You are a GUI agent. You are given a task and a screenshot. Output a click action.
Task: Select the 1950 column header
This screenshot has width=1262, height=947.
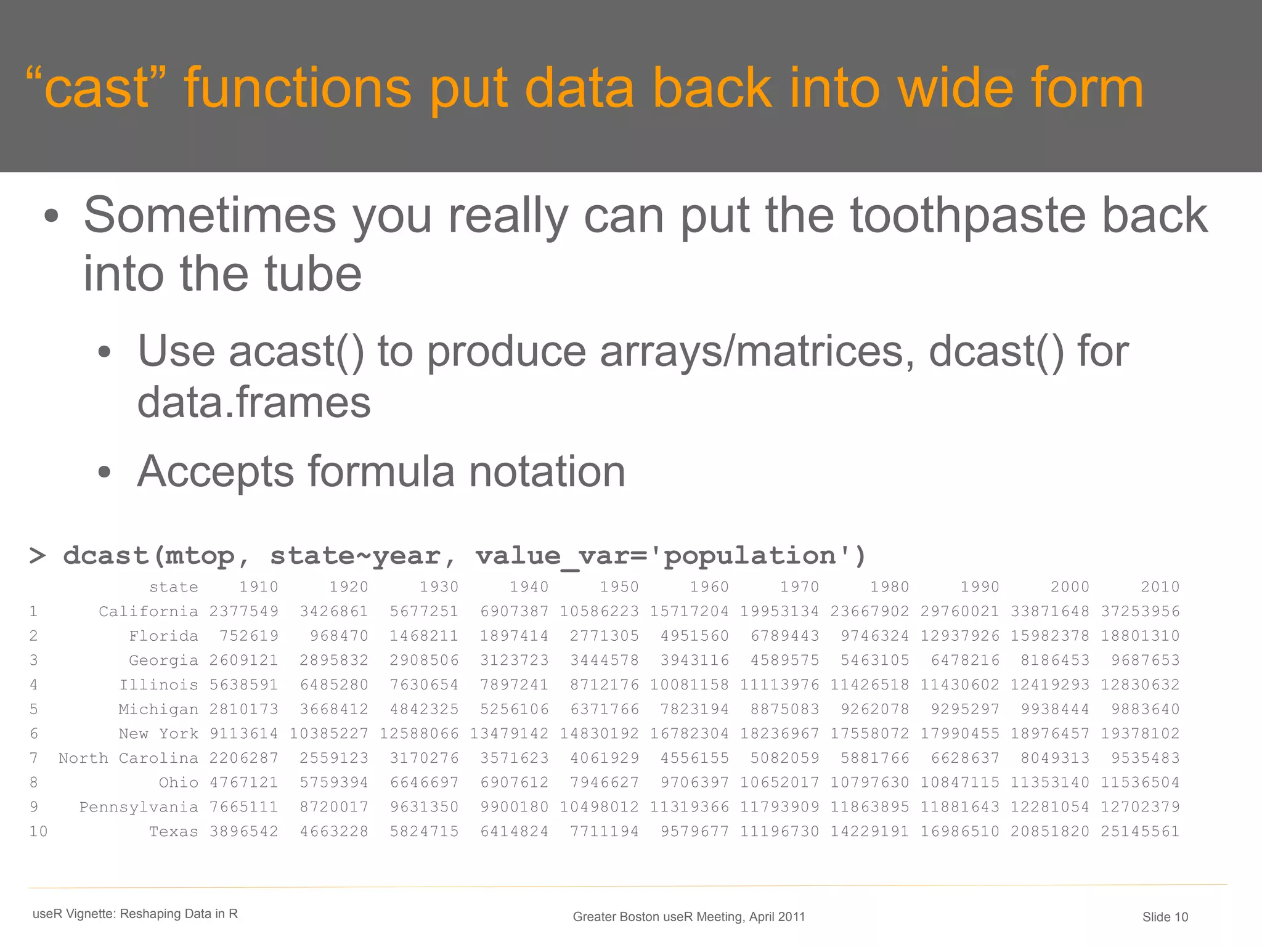[x=619, y=587]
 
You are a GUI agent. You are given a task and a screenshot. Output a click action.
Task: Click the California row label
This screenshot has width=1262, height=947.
[x=148, y=612]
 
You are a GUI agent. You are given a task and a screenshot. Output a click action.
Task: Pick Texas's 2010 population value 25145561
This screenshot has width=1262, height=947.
[x=1140, y=832]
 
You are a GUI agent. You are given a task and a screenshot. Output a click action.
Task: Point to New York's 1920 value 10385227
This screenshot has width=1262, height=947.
[x=329, y=734]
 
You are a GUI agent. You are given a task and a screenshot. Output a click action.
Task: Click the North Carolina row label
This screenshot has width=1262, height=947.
[x=128, y=758]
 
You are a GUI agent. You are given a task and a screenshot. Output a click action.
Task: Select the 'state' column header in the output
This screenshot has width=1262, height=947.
[x=174, y=587]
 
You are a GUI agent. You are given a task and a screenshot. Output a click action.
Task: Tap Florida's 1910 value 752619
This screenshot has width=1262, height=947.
[x=249, y=636]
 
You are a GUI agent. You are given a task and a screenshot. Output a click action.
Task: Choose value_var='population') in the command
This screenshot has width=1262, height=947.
[x=670, y=556]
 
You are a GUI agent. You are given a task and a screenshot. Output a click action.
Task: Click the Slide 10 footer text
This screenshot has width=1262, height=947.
[x=1165, y=917]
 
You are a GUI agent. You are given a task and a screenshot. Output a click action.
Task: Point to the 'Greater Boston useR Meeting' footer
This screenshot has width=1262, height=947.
[x=688, y=917]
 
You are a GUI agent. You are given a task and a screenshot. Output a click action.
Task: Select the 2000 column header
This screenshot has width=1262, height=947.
[x=1070, y=587]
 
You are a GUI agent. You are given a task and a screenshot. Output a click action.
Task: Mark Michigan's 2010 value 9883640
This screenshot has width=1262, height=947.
[x=1145, y=709]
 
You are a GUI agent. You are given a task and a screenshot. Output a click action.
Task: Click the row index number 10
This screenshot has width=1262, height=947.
[x=38, y=832]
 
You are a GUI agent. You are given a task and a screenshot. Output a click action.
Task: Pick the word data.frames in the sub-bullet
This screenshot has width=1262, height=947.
[x=254, y=403]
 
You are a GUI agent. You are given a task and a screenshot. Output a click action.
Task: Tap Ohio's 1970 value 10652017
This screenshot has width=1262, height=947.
[x=780, y=782]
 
